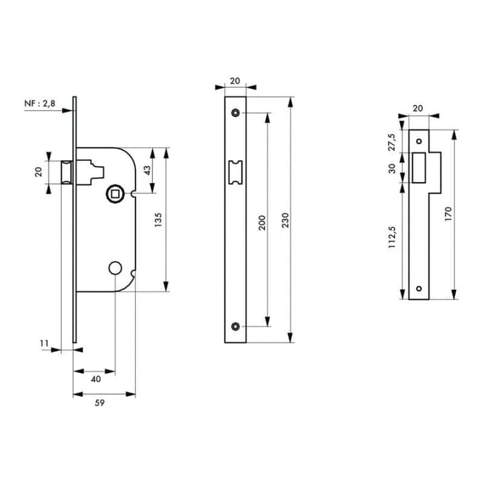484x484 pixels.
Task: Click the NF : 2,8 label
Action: pyautogui.click(x=40, y=103)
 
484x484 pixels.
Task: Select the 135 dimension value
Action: pyautogui.click(x=158, y=220)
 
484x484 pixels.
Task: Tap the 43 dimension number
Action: pyautogui.click(x=147, y=171)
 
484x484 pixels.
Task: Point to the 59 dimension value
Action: pyautogui.click(x=99, y=403)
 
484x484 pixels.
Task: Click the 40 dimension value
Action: pyautogui.click(x=96, y=379)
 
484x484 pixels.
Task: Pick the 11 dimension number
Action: pyautogui.click(x=44, y=343)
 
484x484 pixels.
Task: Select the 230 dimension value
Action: pyautogui.click(x=286, y=220)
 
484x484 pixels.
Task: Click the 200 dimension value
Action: pyautogui.click(x=262, y=223)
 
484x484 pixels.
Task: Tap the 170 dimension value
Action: pyautogui.click(x=448, y=214)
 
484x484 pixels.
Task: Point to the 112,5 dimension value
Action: pyautogui.click(x=392, y=237)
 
